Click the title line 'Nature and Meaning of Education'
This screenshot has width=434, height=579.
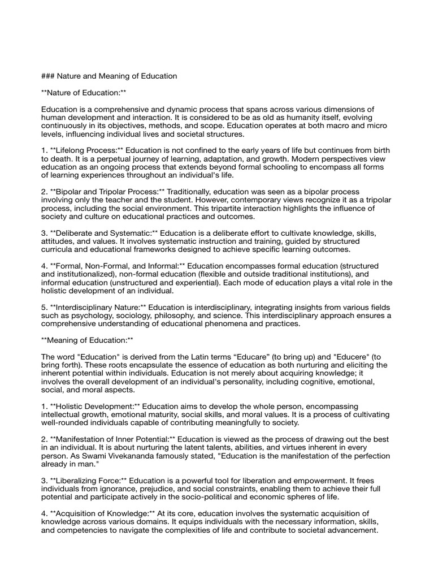pyautogui.click(x=116, y=76)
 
